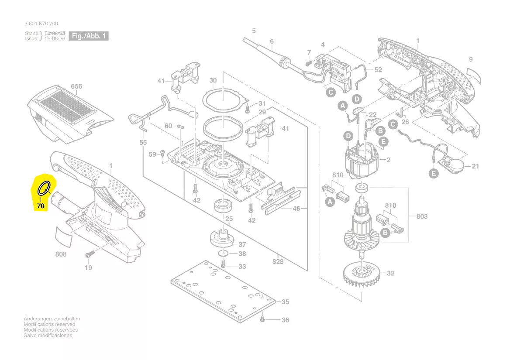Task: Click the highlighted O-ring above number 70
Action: click(x=44, y=189)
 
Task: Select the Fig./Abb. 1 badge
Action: click(x=89, y=36)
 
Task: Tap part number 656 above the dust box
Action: click(x=76, y=86)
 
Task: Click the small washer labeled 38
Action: click(x=224, y=254)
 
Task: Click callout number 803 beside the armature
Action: click(x=422, y=216)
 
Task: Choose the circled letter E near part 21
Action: click(x=433, y=173)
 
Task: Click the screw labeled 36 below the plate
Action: click(x=262, y=320)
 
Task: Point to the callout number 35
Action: click(x=285, y=302)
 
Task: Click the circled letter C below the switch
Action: click(x=331, y=92)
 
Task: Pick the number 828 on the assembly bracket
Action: click(x=278, y=261)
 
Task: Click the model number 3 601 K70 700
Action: click(x=41, y=24)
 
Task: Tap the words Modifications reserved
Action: click(x=49, y=324)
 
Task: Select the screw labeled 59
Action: click(x=162, y=153)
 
